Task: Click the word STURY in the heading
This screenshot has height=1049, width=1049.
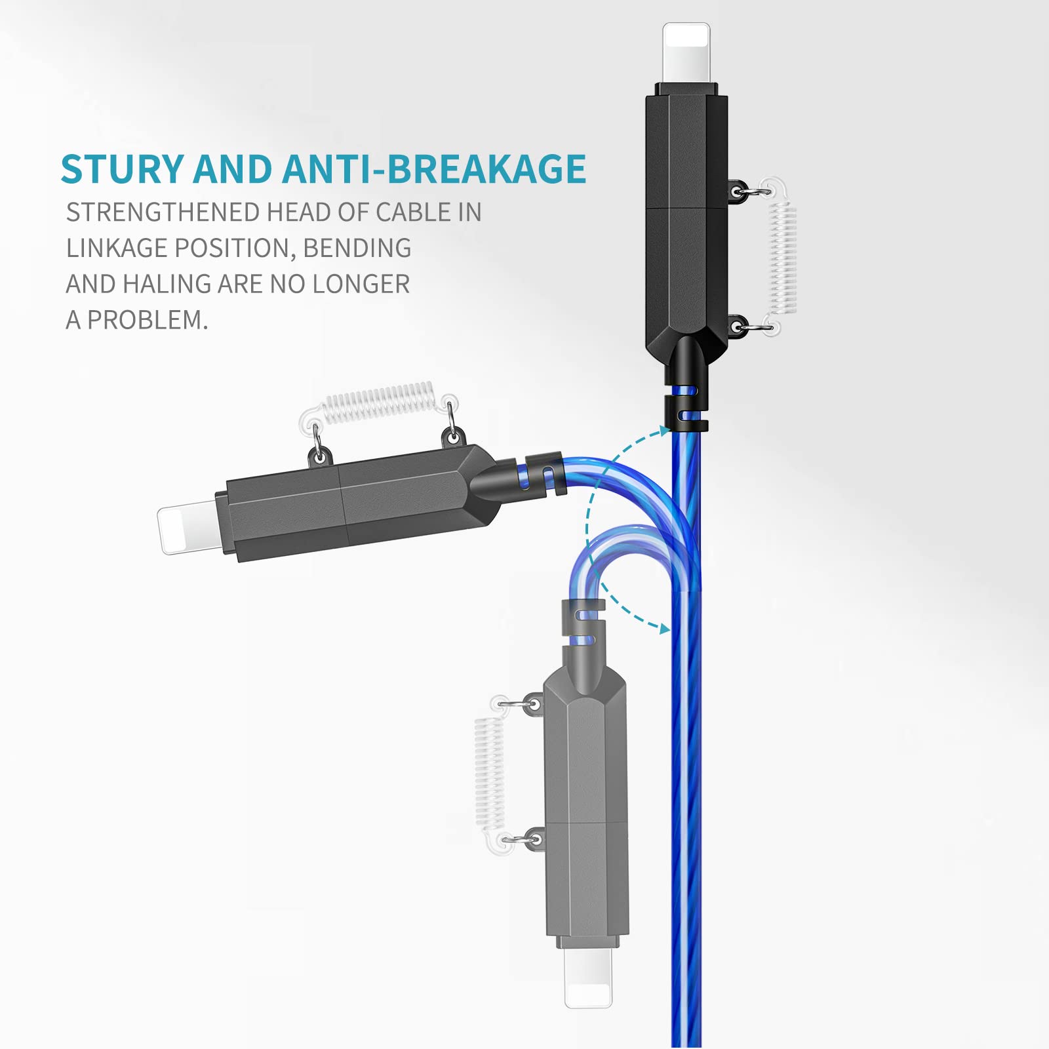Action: [x=122, y=169]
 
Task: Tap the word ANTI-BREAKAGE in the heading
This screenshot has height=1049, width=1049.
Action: [x=434, y=169]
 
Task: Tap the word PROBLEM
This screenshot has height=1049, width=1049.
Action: [x=148, y=321]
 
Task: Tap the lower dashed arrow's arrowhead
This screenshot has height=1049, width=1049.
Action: [x=663, y=629]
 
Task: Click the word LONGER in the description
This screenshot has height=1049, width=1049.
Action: [x=361, y=285]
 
